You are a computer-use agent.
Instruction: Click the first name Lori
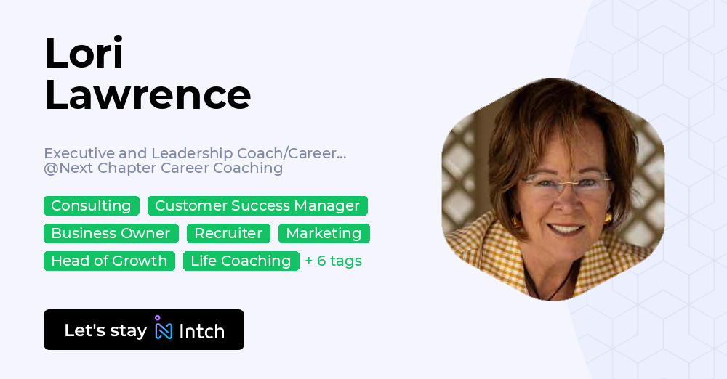[84, 53]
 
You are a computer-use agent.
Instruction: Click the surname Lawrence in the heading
[148, 95]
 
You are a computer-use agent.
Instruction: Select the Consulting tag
[92, 205]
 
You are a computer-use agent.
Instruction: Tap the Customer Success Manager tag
[257, 205]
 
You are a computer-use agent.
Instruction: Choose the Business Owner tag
[111, 233]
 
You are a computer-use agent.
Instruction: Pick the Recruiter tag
[228, 233]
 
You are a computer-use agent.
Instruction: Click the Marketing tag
[324, 233]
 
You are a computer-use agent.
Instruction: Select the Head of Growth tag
[109, 261]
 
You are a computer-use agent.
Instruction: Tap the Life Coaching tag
[241, 261]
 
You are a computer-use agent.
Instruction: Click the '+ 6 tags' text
[334, 261]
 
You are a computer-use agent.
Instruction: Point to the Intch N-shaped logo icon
[163, 327]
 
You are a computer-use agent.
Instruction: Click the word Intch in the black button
[201, 331]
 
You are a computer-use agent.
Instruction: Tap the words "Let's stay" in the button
[105, 330]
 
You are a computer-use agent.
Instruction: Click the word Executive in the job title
[79, 153]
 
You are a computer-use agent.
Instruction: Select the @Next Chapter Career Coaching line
[163, 168]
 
